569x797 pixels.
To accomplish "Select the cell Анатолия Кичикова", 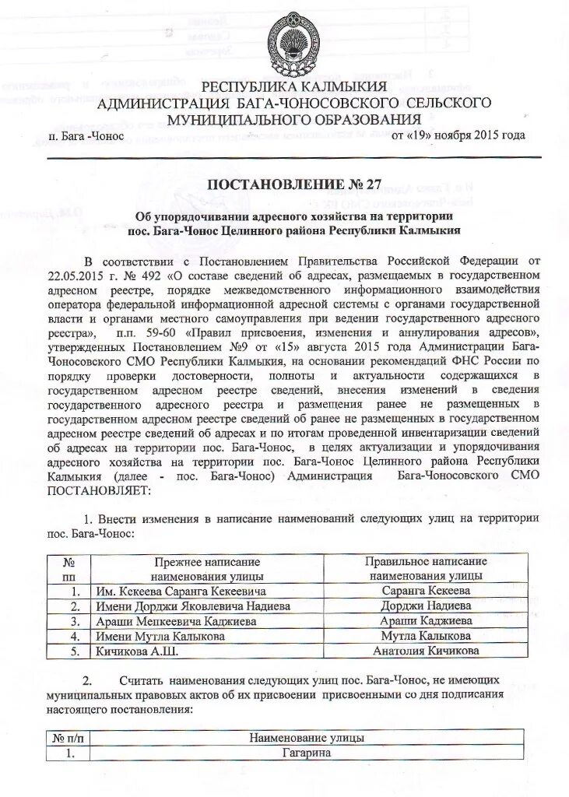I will pyautogui.click(x=426, y=651).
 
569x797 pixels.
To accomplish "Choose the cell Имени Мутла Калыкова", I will pyautogui.click(x=160, y=636).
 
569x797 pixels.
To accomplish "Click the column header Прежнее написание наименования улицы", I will pyautogui.click(x=206, y=568).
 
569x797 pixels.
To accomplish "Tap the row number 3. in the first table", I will pyautogui.click(x=75, y=621).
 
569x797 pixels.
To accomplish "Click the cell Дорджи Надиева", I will pyautogui.click(x=426, y=606).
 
